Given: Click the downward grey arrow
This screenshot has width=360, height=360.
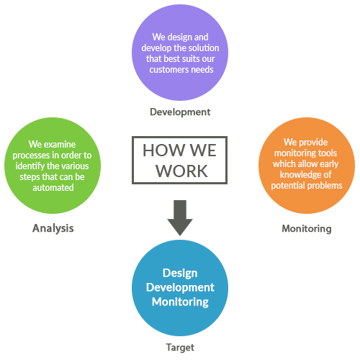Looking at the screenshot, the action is point(180,217).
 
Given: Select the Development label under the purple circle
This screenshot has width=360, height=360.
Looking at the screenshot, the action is point(180,112).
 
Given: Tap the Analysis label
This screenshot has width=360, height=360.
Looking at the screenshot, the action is point(53,228).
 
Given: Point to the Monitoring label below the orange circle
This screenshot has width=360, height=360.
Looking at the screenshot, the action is point(307,229).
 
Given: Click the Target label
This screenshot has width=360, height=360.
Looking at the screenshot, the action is point(180,348).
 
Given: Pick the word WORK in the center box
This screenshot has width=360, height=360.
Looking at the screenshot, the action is point(181,171).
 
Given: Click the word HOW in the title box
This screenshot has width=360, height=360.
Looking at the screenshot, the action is point(163,150).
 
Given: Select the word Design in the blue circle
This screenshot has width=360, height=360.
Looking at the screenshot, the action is point(180,274).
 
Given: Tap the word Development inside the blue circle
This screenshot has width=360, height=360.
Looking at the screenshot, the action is point(180,287).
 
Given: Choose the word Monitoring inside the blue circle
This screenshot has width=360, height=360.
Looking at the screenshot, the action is point(180,302).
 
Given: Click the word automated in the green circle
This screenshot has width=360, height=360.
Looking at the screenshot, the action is point(53,188).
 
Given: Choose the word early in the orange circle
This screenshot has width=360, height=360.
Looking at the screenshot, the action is point(329,164).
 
